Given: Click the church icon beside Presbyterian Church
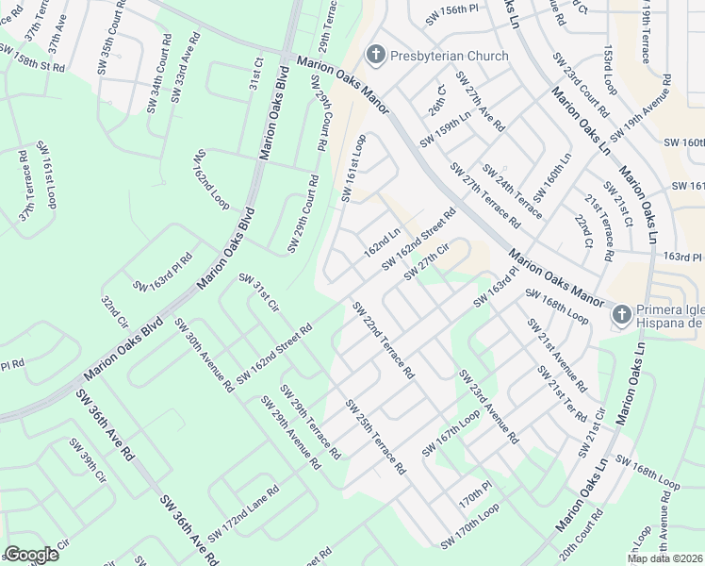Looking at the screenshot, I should click(376, 55).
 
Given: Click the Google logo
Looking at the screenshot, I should click(32, 555).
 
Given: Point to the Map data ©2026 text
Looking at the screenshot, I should click(664, 558).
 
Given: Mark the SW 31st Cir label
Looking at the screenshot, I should click(259, 293).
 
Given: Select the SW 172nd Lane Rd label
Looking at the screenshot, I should click(243, 514).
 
